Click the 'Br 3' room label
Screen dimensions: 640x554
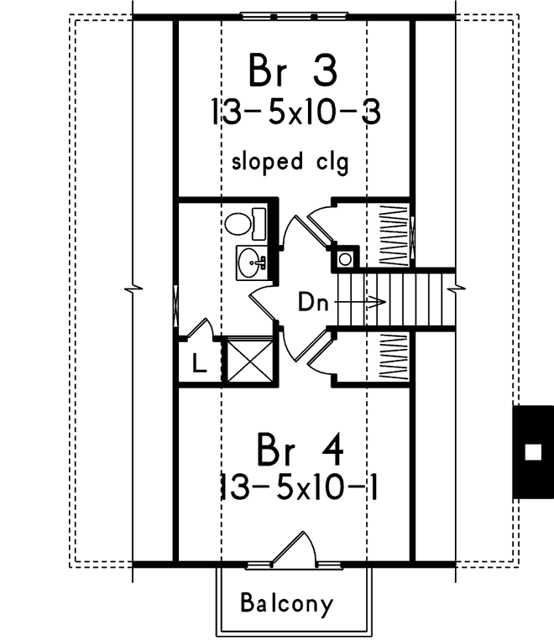pyautogui.click(x=293, y=70)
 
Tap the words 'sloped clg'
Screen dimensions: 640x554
pyautogui.click(x=290, y=161)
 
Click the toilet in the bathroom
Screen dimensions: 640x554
pyautogui.click(x=243, y=223)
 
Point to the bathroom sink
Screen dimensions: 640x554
pyautogui.click(x=250, y=264)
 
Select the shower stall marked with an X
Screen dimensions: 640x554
pyautogui.click(x=250, y=359)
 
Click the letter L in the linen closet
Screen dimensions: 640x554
pyautogui.click(x=197, y=364)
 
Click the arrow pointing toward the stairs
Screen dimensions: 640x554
pyautogui.click(x=363, y=302)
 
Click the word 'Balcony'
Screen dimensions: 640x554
pyautogui.click(x=286, y=602)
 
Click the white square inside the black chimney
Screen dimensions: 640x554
pyautogui.click(x=531, y=452)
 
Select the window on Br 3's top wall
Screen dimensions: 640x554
pyautogui.click(x=293, y=16)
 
